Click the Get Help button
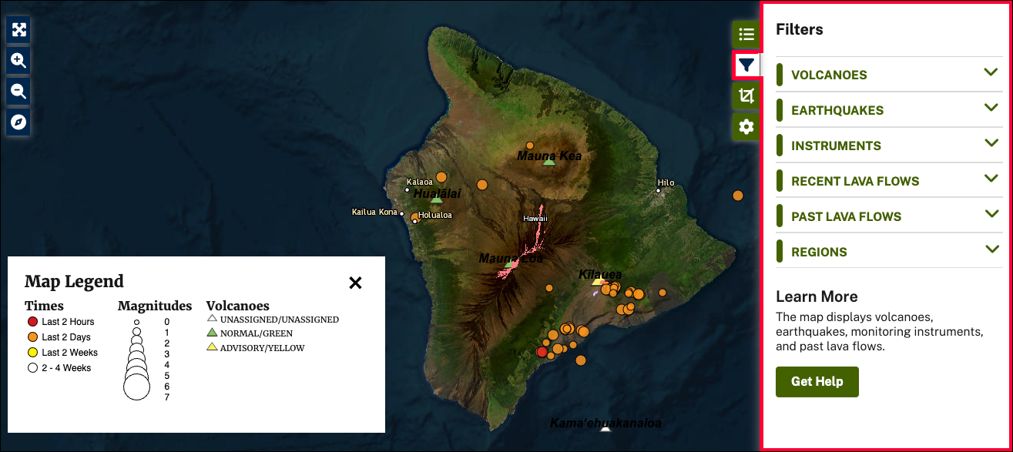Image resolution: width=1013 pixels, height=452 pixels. point(817,381)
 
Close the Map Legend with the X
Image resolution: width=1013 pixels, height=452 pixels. point(355,283)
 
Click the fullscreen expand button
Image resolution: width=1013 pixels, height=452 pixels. point(18,29)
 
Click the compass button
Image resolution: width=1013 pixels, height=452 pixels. point(18,122)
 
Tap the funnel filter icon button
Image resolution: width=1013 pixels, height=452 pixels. point(746,65)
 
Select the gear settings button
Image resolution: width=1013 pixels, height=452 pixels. point(746,127)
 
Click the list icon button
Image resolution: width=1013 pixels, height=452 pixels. point(746,34)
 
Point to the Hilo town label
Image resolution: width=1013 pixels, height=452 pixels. point(666,182)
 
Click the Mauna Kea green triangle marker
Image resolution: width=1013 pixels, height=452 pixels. point(549,162)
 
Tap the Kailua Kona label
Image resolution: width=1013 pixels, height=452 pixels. point(375,212)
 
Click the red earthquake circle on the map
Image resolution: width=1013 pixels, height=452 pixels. point(542,352)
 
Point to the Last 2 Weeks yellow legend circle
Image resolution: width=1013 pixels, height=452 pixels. point(32,353)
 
